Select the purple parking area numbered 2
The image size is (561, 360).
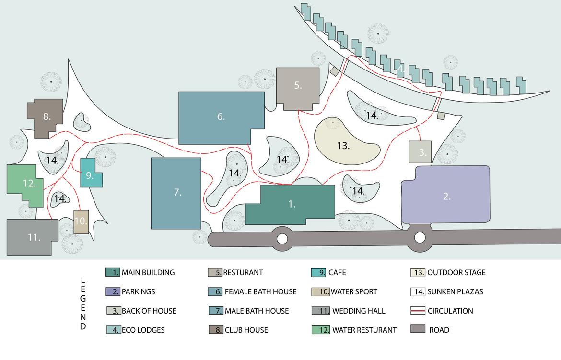446,195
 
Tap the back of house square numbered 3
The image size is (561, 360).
420,152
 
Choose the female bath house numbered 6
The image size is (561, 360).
221,116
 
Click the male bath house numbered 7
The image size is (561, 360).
176,193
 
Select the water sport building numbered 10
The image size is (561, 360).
81,222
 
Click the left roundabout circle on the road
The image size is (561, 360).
282,238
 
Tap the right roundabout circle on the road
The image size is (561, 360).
420,237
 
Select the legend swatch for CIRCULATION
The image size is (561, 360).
418,311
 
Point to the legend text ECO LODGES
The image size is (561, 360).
143,330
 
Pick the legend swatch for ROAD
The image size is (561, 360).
418,330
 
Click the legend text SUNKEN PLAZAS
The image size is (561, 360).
455,291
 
